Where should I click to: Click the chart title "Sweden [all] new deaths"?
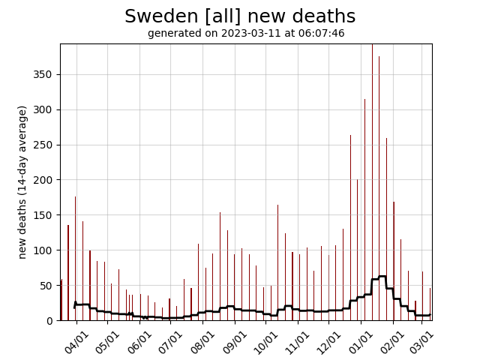[240, 16]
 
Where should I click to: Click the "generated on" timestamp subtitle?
[246, 34]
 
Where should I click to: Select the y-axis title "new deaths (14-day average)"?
[22, 182]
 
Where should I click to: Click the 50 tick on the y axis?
[46, 286]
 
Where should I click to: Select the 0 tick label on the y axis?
[49, 321]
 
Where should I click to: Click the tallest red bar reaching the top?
[372, 150]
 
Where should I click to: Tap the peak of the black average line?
[382, 276]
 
